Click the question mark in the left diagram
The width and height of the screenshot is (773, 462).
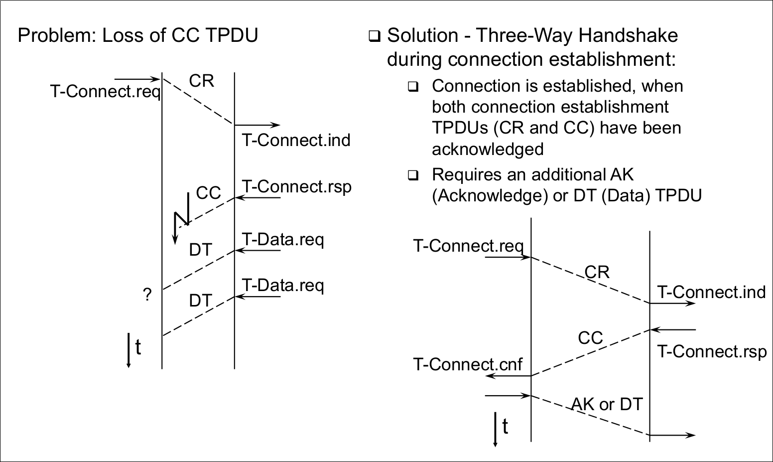147,295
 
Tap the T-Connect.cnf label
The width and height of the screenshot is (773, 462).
468,364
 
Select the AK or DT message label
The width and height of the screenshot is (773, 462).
607,404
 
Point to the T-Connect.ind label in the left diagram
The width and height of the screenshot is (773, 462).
296,140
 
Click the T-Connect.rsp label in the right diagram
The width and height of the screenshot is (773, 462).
712,351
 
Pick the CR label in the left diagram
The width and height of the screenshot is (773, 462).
202,81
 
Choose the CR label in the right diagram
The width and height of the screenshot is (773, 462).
597,272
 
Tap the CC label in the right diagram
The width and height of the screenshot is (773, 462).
590,338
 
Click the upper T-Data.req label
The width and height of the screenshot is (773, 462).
283,240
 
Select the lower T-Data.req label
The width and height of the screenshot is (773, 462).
283,285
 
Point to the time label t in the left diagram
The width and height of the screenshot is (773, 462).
138,347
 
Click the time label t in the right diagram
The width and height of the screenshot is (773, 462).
505,427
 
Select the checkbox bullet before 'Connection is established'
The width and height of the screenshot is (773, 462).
412,87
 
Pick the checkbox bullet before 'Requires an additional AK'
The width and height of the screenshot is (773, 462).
412,175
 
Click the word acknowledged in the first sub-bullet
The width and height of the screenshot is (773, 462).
487,149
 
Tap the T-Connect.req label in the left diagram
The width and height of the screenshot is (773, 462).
105,92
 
